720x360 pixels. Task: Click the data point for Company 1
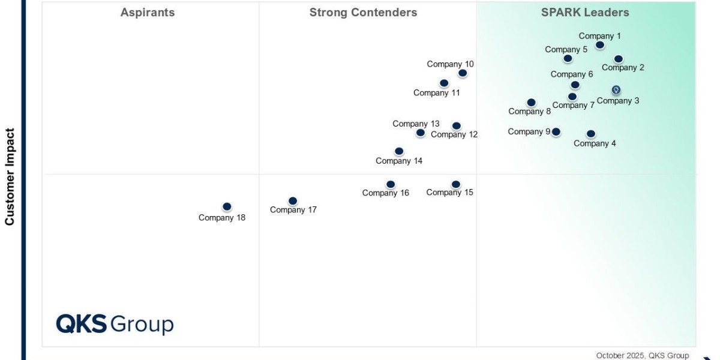click(600, 45)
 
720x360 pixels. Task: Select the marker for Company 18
click(227, 206)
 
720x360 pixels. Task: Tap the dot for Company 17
click(293, 201)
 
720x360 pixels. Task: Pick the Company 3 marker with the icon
click(616, 90)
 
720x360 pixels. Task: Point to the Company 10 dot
click(463, 73)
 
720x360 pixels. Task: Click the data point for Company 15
click(456, 184)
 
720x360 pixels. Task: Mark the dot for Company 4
click(591, 134)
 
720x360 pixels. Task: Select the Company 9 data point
click(556, 131)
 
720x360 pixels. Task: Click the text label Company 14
click(399, 161)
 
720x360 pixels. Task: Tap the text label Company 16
click(386, 193)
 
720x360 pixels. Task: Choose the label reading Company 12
click(454, 134)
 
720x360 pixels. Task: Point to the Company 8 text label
click(529, 112)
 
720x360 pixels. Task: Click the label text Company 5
click(566, 50)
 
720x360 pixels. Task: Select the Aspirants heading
click(148, 13)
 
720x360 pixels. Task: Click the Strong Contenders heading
click(363, 13)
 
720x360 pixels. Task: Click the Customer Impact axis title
click(10, 176)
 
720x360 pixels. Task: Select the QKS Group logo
click(115, 324)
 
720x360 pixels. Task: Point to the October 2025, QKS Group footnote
click(643, 356)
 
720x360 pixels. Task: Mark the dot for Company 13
click(421, 133)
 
